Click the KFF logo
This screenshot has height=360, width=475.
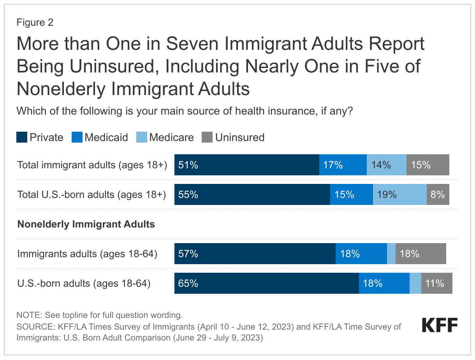click(440, 325)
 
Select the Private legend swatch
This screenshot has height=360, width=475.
click(22, 138)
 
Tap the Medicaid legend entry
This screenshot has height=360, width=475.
click(100, 138)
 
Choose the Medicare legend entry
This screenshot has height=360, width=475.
click(165, 138)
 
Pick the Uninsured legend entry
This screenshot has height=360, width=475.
click(233, 138)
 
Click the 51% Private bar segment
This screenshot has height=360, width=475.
click(246, 165)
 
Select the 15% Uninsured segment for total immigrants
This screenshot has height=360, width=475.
click(427, 165)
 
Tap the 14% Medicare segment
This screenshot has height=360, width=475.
click(386, 165)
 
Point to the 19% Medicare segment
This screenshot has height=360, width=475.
click(399, 194)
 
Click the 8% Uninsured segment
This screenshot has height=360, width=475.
click(438, 194)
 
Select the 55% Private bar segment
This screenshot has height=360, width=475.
click(252, 194)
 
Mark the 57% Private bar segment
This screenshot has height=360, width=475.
click(255, 254)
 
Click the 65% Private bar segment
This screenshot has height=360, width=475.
click(266, 283)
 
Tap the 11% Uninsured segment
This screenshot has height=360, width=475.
click(436, 283)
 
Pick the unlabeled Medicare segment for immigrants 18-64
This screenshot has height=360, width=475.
click(391, 254)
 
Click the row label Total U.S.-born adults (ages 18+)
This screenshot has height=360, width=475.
click(91, 194)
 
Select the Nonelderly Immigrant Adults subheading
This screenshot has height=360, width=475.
click(86, 224)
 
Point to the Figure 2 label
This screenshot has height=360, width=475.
click(35, 23)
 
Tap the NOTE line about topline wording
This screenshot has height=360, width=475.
click(99, 315)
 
